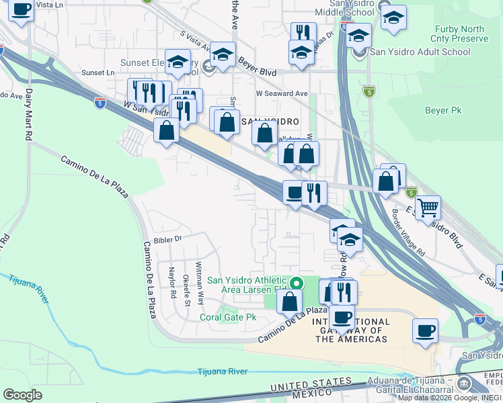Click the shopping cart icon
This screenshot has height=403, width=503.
428,207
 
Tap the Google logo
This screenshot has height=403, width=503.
22,395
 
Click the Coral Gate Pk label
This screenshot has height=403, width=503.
231,316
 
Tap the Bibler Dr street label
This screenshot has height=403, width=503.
169,238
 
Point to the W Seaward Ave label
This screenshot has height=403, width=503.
281,94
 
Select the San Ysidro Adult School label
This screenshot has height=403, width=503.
420,52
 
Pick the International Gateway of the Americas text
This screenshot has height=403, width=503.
351,330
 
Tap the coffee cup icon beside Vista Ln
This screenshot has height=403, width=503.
22,9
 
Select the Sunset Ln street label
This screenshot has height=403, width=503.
98,73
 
